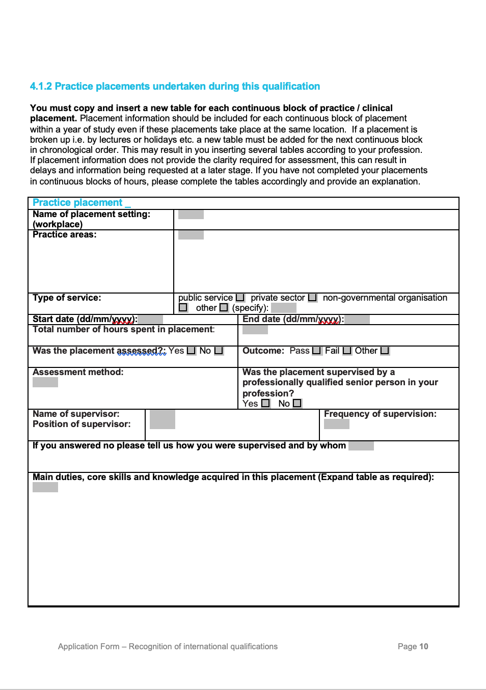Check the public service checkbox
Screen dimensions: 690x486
(x=240, y=298)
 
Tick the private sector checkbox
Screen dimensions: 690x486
(x=312, y=298)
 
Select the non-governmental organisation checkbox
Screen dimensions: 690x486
(x=183, y=308)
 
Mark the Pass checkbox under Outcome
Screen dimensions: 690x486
(x=316, y=351)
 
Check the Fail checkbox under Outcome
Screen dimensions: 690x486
(x=347, y=351)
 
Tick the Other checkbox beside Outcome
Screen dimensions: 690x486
(x=385, y=351)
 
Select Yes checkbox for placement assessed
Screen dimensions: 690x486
(x=191, y=351)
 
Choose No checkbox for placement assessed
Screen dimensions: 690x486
(x=219, y=351)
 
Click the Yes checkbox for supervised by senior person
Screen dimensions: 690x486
(x=265, y=404)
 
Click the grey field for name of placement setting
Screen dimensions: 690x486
(x=191, y=215)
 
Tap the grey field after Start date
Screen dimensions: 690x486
(x=150, y=320)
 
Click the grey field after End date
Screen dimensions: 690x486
(x=357, y=320)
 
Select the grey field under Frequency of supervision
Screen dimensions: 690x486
(x=337, y=424)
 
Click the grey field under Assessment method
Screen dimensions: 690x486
(x=45, y=382)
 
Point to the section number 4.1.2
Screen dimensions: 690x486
(x=41, y=86)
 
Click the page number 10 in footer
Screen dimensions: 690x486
(x=424, y=646)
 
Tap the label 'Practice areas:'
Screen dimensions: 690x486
(x=65, y=234)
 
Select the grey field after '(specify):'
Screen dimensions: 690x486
(x=284, y=308)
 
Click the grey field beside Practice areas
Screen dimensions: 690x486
(x=191, y=235)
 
